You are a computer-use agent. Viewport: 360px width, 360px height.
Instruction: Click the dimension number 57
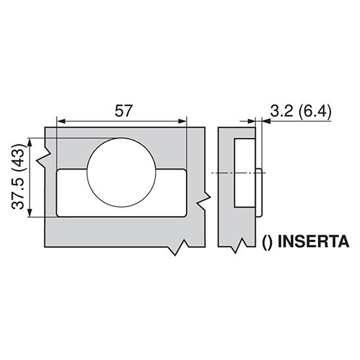(x=124, y=111)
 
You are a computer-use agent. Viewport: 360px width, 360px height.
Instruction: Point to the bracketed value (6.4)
(x=315, y=112)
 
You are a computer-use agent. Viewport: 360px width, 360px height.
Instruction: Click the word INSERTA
(x=313, y=241)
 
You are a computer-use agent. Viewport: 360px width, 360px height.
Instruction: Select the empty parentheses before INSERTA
(x=267, y=242)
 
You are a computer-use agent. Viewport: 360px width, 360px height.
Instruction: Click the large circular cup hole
(x=121, y=172)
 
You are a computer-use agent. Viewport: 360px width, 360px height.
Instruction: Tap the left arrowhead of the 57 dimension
(x=61, y=121)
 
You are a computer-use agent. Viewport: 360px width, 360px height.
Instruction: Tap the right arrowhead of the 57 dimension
(x=183, y=121)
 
